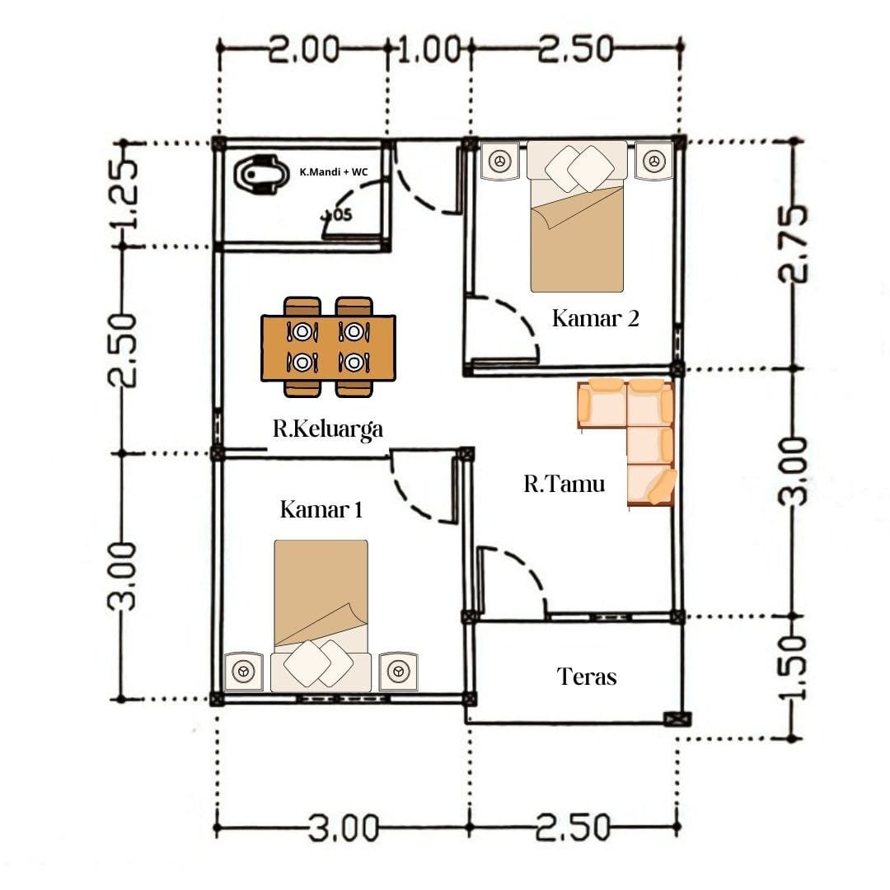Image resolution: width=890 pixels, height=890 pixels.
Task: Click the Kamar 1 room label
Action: (x=321, y=509)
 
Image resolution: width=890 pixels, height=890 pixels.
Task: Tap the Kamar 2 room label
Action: (x=596, y=318)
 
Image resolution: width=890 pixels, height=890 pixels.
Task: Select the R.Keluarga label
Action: (x=328, y=429)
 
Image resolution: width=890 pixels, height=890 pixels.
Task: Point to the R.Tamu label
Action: (x=564, y=484)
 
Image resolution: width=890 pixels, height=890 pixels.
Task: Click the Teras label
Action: (x=587, y=676)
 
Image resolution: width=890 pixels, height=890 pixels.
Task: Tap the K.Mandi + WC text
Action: (x=334, y=171)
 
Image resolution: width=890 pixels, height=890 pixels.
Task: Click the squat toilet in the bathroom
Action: (x=258, y=174)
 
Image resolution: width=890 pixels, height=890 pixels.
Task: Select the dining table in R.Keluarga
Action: (x=328, y=347)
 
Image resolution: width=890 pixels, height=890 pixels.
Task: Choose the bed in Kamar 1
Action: (x=321, y=616)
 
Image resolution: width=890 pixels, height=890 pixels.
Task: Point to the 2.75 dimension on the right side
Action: (x=793, y=243)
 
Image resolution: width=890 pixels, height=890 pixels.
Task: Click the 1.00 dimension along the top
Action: (x=429, y=49)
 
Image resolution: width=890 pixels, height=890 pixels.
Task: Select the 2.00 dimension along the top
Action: (x=303, y=49)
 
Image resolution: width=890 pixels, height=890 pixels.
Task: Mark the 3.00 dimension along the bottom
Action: (x=344, y=828)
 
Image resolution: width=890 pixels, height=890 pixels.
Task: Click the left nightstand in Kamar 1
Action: (x=243, y=672)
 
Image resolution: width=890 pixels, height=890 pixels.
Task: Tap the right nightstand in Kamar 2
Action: (x=653, y=161)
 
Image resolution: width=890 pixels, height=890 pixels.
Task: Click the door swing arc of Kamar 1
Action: (x=417, y=495)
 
